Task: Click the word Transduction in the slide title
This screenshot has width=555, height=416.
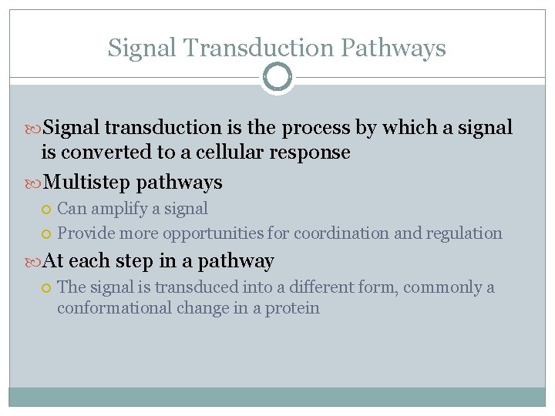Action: tap(257, 48)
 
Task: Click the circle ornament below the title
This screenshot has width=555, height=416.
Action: tap(277, 77)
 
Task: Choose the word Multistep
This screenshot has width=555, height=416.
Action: tap(88, 183)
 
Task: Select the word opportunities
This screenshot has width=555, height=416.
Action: tap(214, 233)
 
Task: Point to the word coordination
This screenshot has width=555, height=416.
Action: tap(341, 233)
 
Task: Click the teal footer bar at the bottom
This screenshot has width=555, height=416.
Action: tap(277, 396)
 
